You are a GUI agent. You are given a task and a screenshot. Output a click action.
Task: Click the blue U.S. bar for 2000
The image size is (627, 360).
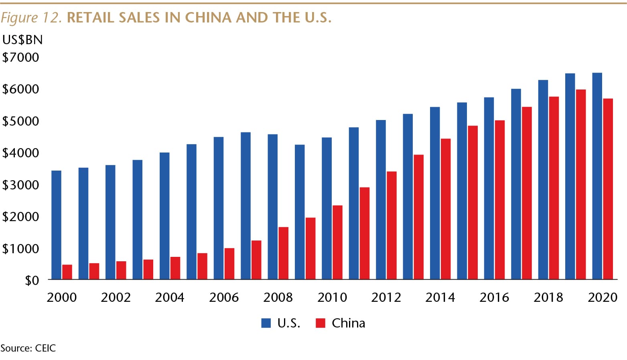pyautogui.click(x=56, y=225)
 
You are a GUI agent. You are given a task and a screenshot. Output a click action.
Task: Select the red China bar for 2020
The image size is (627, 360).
pyautogui.click(x=608, y=189)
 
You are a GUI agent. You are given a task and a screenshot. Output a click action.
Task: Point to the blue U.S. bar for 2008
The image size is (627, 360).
pyautogui.click(x=272, y=207)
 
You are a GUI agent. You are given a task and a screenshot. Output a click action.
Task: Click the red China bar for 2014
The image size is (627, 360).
pyautogui.click(x=446, y=209)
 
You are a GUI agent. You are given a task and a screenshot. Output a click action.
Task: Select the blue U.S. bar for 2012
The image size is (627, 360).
pyautogui.click(x=381, y=199)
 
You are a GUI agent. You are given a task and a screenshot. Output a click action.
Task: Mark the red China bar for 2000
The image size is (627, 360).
pyautogui.click(x=67, y=272)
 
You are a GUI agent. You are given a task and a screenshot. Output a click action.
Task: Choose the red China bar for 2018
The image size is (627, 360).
pyautogui.click(x=554, y=188)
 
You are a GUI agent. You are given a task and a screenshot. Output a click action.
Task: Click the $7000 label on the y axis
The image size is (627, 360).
pyautogui.click(x=21, y=57)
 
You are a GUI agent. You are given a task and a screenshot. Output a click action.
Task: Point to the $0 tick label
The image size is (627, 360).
pyautogui.click(x=32, y=280)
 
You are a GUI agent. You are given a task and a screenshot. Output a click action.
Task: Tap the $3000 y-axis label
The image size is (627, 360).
pyautogui.click(x=21, y=185)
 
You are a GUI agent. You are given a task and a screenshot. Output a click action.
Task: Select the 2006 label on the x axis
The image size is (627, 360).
pyautogui.click(x=224, y=297)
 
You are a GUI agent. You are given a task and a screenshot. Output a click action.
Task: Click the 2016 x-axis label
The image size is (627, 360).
pyautogui.click(x=494, y=297)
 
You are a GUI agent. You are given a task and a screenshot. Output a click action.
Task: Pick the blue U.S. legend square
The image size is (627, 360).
pyautogui.click(x=266, y=323)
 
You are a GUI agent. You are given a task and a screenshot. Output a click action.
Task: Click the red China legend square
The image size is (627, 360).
pyautogui.click(x=321, y=323)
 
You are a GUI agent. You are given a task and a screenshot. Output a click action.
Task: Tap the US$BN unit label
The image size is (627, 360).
pyautogui.click(x=22, y=40)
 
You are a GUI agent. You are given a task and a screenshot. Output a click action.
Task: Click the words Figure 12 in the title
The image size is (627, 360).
pyautogui.click(x=31, y=18)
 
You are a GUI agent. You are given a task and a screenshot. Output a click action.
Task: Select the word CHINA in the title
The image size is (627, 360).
pyautogui.click(x=208, y=18)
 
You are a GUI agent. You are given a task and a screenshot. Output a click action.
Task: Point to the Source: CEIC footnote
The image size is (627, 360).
pyautogui.click(x=28, y=348)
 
